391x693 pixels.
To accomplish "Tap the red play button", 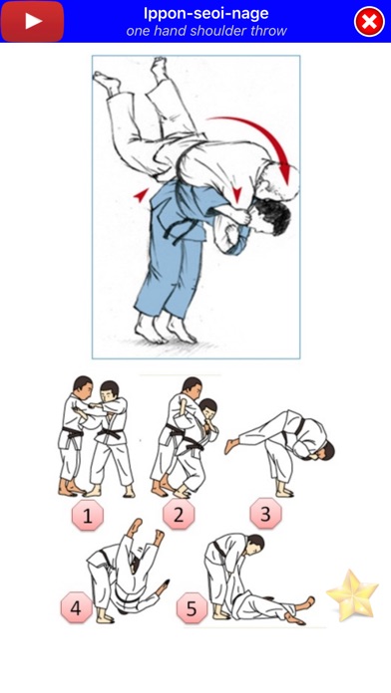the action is coord(32,21).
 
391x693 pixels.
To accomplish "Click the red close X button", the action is coord(369,21).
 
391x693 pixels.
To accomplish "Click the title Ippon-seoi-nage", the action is coord(205,13).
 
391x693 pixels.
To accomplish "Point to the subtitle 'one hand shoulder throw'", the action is coord(206,31).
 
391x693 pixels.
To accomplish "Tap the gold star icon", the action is coord(352,595).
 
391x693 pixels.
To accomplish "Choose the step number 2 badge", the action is coord(179,515).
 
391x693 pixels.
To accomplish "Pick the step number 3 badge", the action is coord(265,514).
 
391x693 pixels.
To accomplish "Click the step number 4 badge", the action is coord(76,608).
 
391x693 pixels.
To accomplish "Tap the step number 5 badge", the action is coord(192,608).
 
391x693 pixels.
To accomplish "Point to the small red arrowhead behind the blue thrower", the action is coord(142,195).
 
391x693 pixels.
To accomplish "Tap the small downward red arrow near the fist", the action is coord(237,193).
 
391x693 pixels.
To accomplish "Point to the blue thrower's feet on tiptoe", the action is coord(166,328).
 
